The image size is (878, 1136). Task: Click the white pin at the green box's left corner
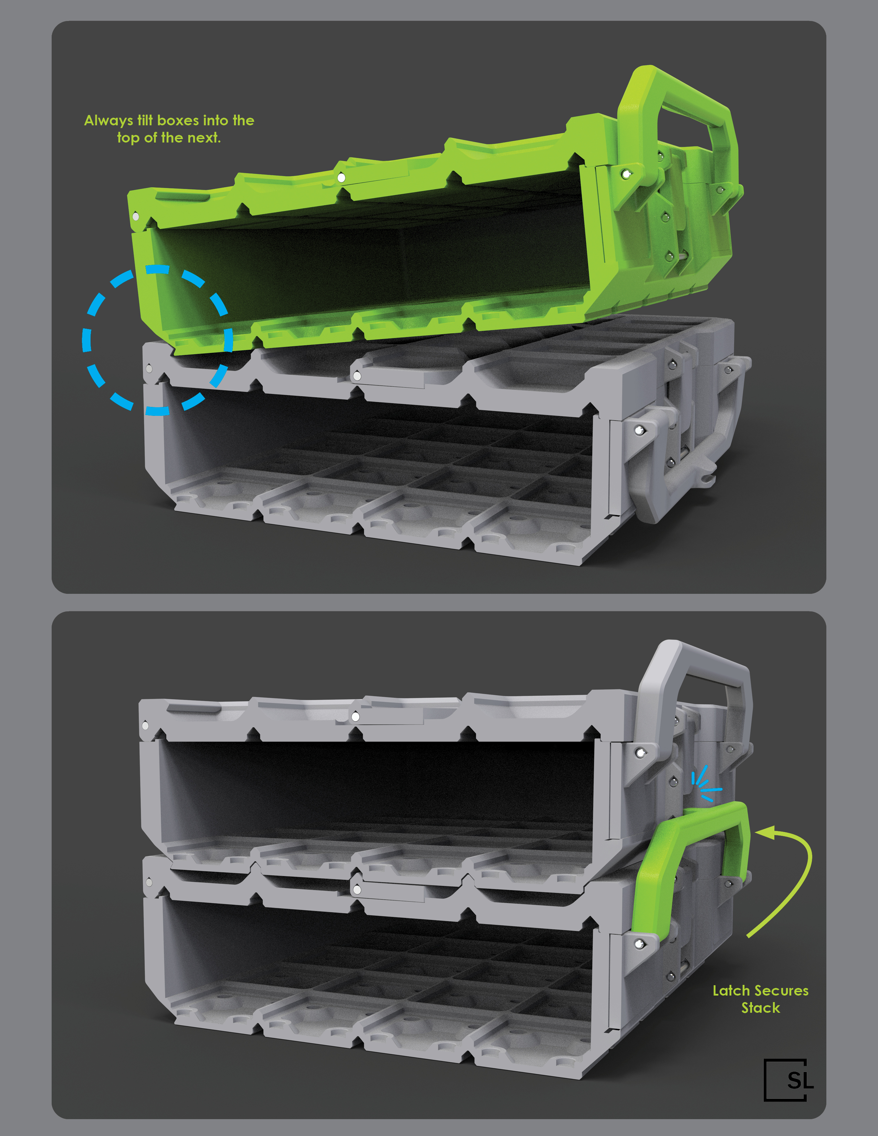[136, 216]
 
